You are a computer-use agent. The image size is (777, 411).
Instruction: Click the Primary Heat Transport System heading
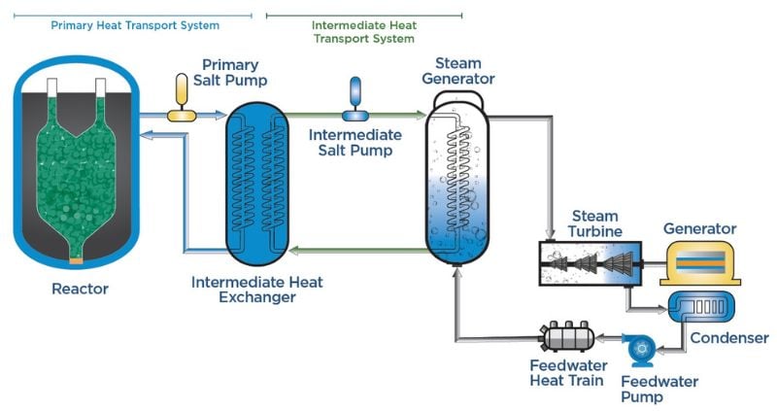135,24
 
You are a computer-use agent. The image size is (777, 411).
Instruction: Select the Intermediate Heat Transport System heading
364,31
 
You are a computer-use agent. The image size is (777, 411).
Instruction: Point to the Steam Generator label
458,70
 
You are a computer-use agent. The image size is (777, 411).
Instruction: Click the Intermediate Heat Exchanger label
256,290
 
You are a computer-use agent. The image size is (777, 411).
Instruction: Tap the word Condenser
728,338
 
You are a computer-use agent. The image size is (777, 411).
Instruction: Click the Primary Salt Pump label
234,71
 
